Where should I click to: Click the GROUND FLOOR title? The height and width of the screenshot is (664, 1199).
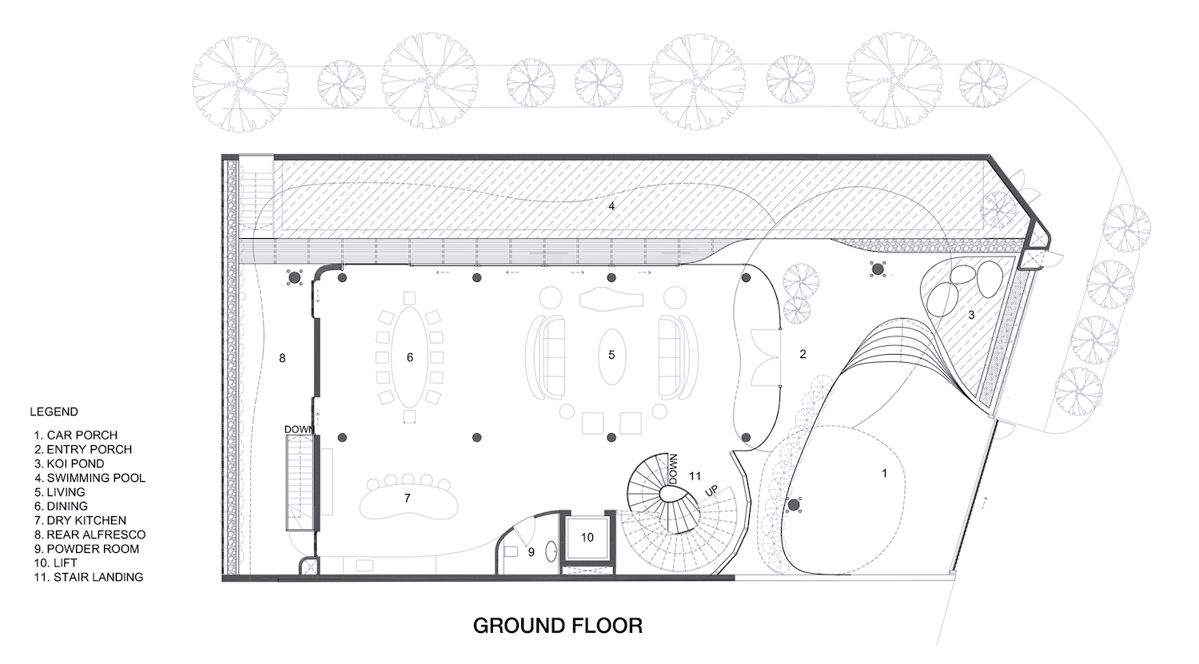point(558,626)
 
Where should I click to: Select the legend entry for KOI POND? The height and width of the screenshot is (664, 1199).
point(69,463)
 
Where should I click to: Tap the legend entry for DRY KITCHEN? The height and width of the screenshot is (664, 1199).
point(80,520)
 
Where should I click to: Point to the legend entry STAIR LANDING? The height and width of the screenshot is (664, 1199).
point(89,577)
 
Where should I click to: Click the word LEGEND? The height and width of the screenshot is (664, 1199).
point(54,412)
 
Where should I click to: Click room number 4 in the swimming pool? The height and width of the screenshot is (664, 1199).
point(611,206)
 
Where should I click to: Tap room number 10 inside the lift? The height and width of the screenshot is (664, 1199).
point(588,537)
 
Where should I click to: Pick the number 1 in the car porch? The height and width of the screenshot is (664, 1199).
point(884,473)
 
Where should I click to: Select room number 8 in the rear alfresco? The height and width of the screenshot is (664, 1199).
point(283,358)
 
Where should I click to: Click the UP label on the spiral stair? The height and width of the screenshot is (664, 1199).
point(711,491)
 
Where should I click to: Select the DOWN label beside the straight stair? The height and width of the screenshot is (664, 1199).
point(299,430)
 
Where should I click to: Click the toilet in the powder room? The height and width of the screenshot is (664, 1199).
point(511,552)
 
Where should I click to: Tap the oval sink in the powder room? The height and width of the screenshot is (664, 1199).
point(552,551)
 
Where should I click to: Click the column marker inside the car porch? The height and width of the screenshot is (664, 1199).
point(794,504)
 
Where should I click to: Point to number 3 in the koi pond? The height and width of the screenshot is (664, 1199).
point(971,315)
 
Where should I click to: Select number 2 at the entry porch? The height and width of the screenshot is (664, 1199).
point(803,354)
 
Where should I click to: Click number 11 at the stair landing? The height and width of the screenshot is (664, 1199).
point(695,475)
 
